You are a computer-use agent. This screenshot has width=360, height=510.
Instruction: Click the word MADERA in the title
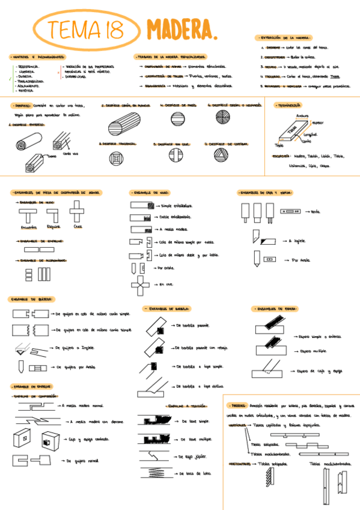(x=178, y=28)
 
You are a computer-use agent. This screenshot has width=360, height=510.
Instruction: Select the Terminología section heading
(x=288, y=105)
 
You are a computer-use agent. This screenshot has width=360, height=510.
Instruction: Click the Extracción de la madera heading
(x=282, y=37)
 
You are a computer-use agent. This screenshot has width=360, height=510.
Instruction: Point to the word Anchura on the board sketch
(x=302, y=115)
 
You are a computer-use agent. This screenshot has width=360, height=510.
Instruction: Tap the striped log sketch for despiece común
(x=122, y=127)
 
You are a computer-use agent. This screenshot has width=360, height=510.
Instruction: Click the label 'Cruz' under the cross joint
(x=78, y=227)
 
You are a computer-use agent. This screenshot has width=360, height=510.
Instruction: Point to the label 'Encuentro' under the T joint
(x=29, y=227)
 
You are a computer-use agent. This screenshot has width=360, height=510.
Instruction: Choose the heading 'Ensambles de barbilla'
(x=167, y=309)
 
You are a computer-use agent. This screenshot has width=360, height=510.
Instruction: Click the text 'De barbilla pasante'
(x=192, y=325)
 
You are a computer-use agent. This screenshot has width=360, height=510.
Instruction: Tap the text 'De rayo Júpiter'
(x=191, y=456)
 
